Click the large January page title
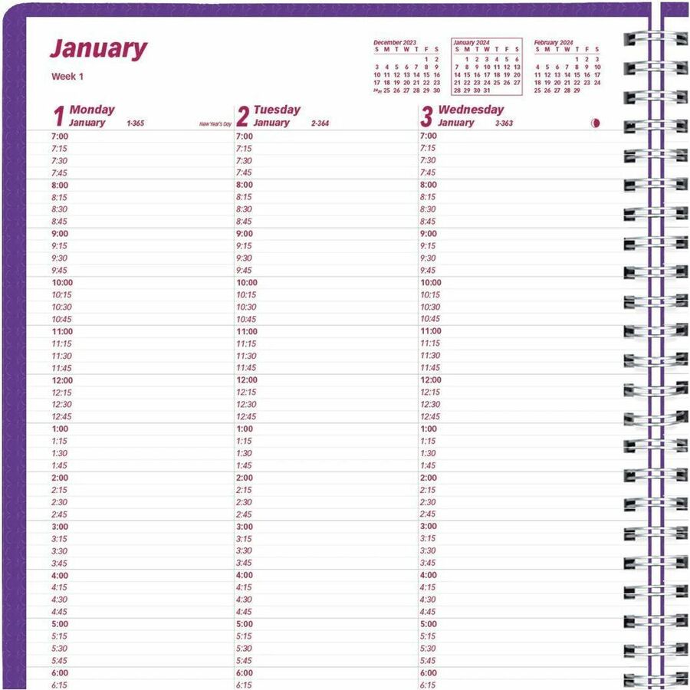98,49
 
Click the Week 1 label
67,76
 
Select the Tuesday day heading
277,110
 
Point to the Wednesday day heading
471,110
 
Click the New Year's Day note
215,123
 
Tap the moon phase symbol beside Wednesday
596,123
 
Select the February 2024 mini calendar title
554,42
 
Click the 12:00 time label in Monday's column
62,380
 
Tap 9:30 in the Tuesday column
244,258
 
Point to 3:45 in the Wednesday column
427,563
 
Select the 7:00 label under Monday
60,136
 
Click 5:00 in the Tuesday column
245,624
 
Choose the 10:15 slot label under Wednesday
430,294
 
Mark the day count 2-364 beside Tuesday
320,123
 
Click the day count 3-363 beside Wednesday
504,123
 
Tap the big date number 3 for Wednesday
426,117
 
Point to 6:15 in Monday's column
60,685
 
